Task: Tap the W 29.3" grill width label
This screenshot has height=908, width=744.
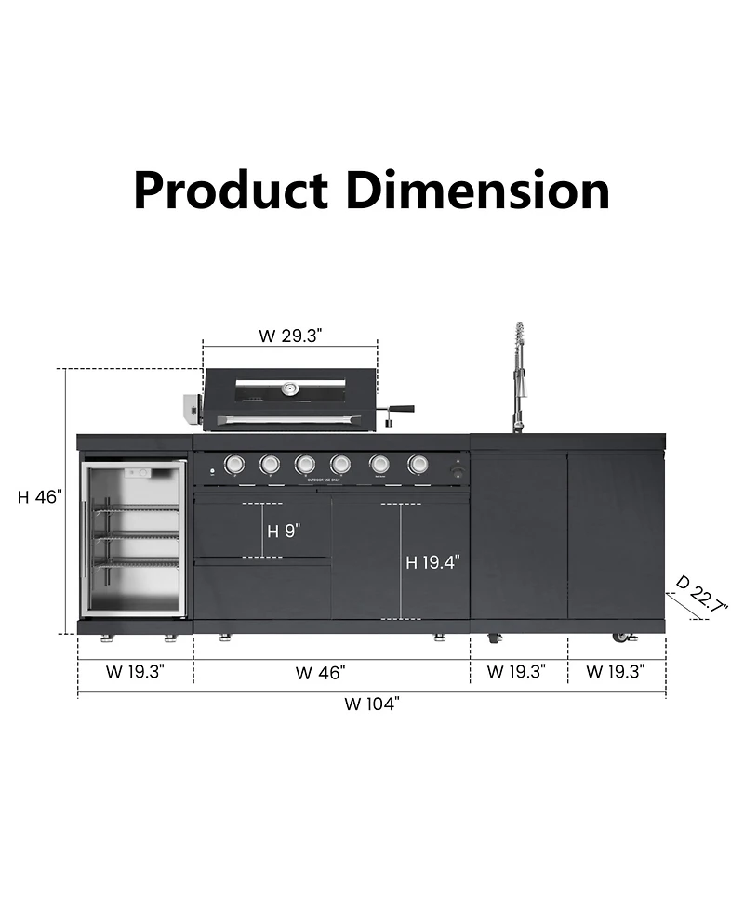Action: tap(289, 336)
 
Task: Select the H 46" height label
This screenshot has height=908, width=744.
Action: tap(39, 497)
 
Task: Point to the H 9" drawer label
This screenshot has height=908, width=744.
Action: tap(284, 532)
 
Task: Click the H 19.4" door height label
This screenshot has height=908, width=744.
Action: tap(432, 562)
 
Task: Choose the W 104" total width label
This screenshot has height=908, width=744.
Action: tap(371, 704)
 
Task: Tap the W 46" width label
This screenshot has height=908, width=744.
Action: tap(320, 672)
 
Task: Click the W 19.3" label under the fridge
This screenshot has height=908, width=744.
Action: tap(135, 672)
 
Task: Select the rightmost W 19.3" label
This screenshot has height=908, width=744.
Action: tap(616, 672)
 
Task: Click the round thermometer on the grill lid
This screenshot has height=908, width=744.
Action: tap(291, 388)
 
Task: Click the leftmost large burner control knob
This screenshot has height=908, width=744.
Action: tap(234, 463)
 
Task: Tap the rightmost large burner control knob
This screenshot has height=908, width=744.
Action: tap(418, 463)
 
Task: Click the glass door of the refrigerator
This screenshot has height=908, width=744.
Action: tap(136, 538)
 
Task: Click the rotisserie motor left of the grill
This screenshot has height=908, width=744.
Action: tap(193, 406)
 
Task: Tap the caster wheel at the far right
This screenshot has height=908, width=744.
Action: tap(621, 638)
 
